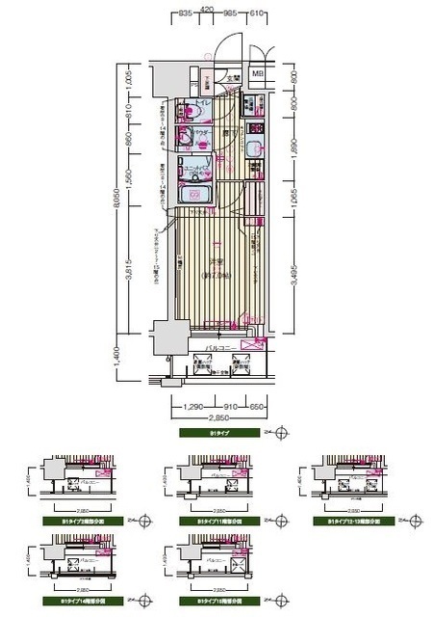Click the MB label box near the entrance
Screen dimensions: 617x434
point(257,73)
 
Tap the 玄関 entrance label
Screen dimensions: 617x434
point(233,78)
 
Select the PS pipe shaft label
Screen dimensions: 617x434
point(194,69)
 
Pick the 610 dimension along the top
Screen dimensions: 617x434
point(257,15)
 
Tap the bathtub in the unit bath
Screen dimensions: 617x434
point(198,197)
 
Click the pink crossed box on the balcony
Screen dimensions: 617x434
point(251,343)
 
